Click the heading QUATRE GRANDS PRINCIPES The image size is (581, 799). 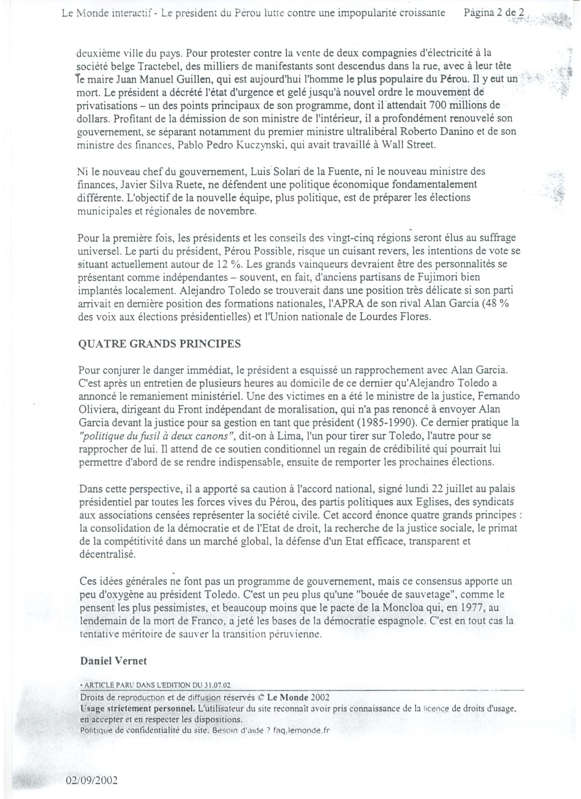[159, 344]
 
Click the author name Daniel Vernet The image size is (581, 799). [113, 661]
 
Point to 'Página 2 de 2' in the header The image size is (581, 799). [494, 13]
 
